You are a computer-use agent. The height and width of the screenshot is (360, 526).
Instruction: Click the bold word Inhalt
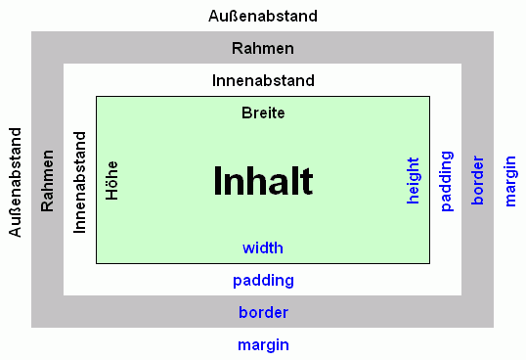click(x=263, y=181)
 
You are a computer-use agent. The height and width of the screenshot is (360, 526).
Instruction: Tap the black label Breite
click(x=263, y=113)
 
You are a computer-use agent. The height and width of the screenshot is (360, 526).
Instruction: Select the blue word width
click(x=263, y=248)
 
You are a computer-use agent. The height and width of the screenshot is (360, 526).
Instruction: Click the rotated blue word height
click(x=413, y=180)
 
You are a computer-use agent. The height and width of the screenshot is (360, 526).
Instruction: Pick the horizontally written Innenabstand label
click(x=263, y=80)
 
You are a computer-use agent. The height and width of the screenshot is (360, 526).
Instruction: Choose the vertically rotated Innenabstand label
click(x=80, y=181)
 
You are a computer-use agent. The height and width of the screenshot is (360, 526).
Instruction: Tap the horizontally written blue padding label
click(x=263, y=281)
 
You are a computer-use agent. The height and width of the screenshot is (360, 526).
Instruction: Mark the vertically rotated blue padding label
click(x=446, y=180)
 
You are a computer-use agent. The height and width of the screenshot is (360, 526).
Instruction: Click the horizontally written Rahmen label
click(x=263, y=48)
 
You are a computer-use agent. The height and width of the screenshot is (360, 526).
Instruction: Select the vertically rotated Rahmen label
click(x=47, y=181)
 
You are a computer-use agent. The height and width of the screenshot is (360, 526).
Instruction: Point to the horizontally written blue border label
click(x=263, y=313)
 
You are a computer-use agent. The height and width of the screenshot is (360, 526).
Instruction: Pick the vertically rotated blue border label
click(x=477, y=180)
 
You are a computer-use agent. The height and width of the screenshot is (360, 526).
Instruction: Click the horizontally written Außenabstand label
click(x=263, y=17)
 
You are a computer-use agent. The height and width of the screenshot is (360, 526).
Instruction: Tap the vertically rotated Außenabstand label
click(x=15, y=181)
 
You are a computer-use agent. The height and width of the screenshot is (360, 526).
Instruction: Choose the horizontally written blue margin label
click(x=263, y=345)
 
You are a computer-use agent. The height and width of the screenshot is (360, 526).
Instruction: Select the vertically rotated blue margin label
click(x=509, y=180)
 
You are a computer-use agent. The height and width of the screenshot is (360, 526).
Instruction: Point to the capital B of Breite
click(x=246, y=113)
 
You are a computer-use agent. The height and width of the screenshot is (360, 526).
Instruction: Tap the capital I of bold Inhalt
click(x=218, y=181)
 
